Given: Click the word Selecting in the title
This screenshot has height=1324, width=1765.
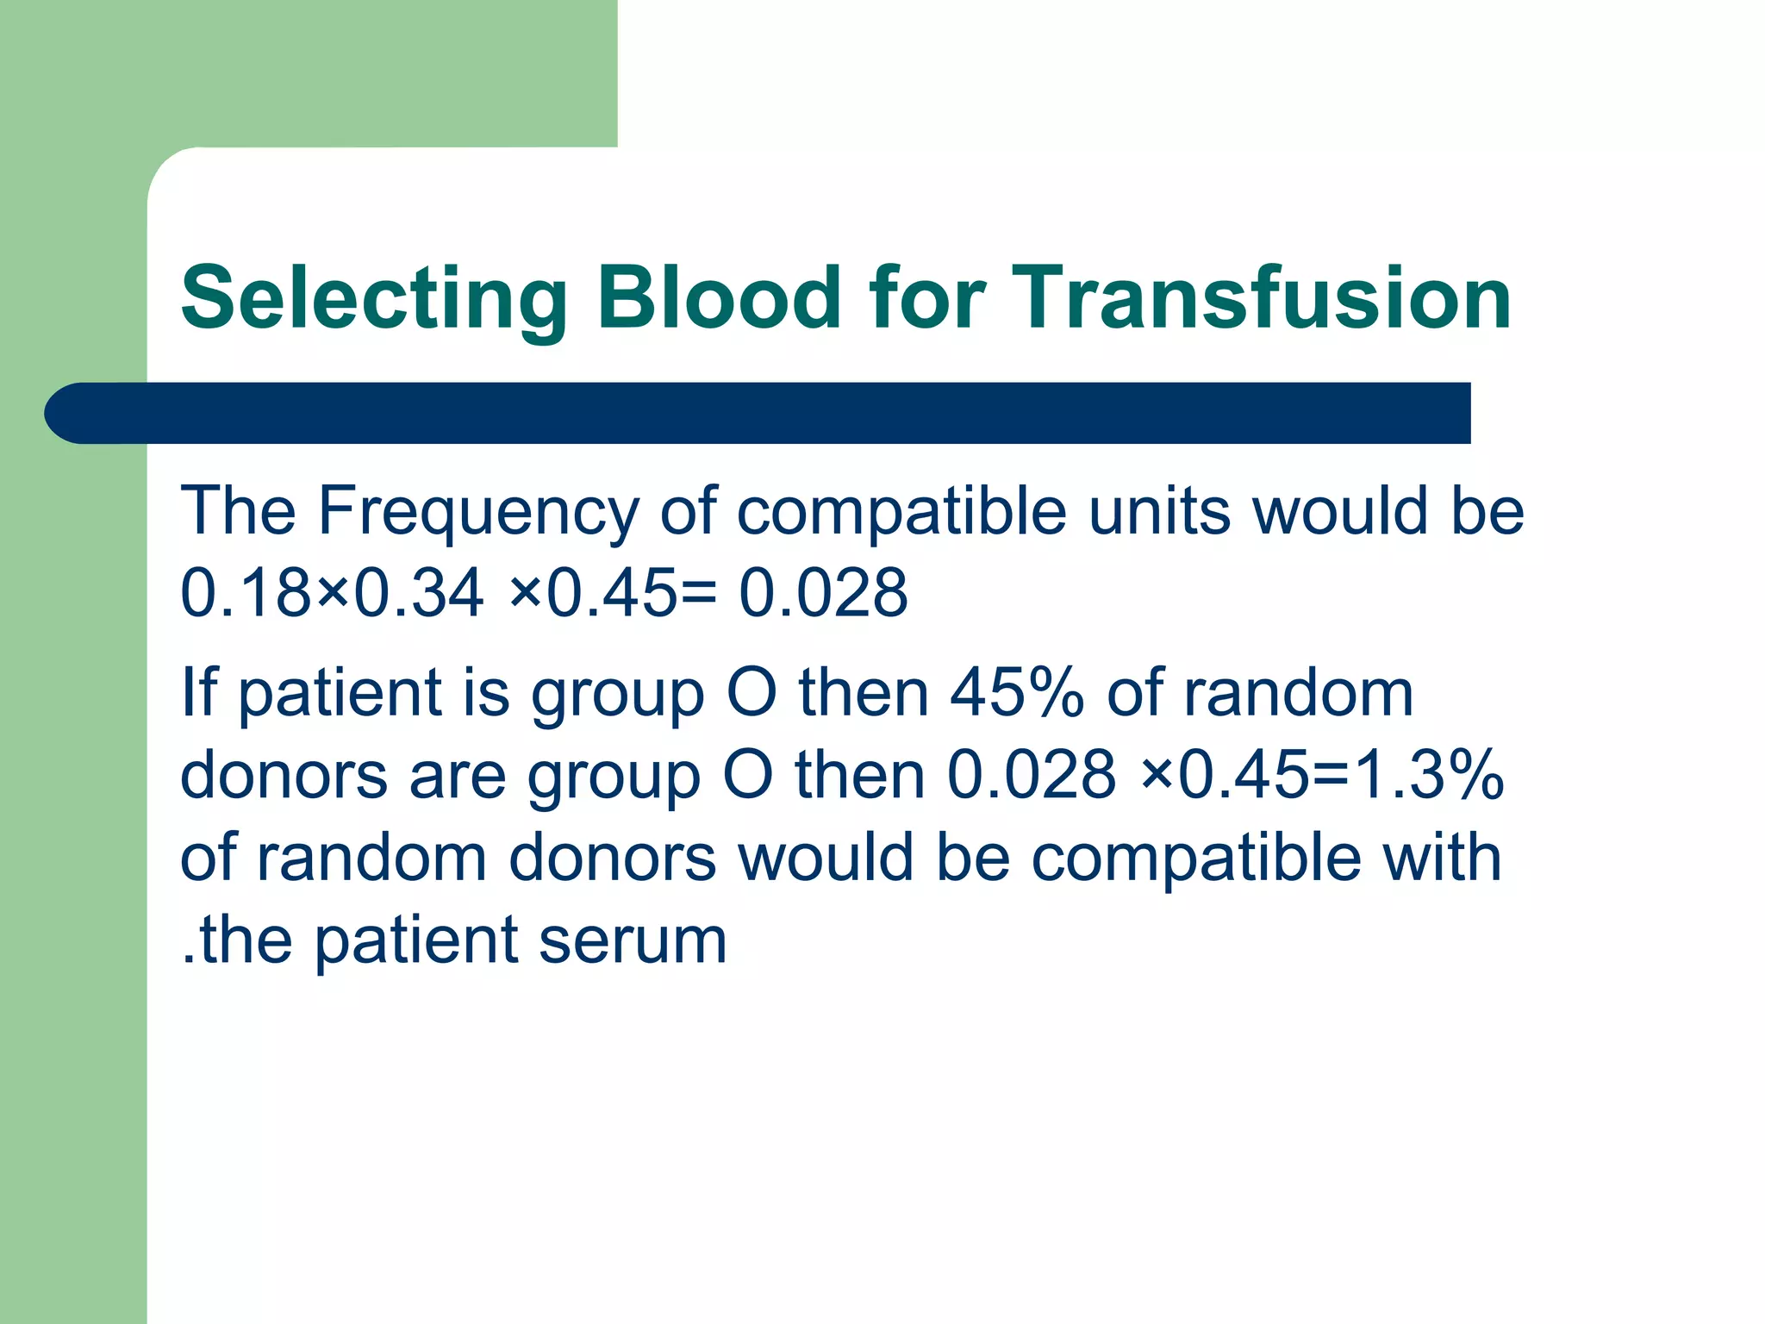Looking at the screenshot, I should [372, 298].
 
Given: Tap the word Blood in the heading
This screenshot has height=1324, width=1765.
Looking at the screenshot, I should [718, 298].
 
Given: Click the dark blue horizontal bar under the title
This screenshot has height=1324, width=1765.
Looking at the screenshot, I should [776, 413].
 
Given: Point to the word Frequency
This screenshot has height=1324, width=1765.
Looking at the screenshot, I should [477, 512].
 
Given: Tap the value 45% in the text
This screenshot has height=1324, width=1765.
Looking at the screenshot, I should [1016, 693].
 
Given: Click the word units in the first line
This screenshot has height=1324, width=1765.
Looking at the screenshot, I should [1158, 512].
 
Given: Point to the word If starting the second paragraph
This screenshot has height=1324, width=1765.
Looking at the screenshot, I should [197, 693].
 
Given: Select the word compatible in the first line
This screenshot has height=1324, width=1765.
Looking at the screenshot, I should [901, 512].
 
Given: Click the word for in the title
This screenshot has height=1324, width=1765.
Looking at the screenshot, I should [926, 298].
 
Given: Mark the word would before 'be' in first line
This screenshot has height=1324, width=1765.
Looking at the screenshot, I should [1340, 512].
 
